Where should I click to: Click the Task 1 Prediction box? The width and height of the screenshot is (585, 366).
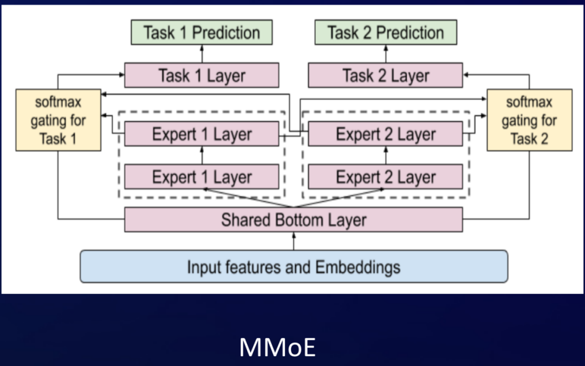(201, 32)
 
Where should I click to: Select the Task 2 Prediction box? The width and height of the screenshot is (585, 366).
(386, 32)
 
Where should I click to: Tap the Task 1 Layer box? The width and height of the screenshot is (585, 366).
(201, 75)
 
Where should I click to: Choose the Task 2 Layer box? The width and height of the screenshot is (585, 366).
(386, 75)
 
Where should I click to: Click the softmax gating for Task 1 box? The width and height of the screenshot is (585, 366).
(58, 120)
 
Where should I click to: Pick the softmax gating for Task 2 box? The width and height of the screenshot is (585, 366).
(529, 120)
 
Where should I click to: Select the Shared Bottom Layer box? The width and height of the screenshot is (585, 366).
(294, 220)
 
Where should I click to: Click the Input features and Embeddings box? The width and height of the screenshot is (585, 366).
(294, 266)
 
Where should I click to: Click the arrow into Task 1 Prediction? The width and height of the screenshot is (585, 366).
(202, 54)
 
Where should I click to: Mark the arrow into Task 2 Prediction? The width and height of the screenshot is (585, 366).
(386, 54)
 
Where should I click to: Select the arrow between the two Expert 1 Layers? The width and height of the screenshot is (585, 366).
(202, 155)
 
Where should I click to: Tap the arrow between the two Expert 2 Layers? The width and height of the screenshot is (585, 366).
(386, 155)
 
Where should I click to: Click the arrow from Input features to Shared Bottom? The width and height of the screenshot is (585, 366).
(294, 241)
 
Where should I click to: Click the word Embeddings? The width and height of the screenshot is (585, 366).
(358, 266)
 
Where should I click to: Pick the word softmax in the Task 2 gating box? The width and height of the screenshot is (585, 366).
(529, 102)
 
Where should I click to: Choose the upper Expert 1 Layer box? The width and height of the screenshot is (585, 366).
(201, 134)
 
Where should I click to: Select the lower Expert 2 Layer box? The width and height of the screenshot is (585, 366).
(386, 177)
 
